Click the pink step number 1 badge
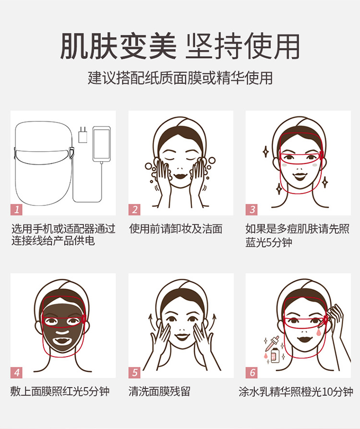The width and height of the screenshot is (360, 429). [x=16, y=210]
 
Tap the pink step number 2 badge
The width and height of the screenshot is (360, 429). [x=134, y=210]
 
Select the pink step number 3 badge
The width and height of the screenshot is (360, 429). [x=252, y=210]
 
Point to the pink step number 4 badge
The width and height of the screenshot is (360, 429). [x=16, y=372]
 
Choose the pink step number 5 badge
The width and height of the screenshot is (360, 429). [x=134, y=372]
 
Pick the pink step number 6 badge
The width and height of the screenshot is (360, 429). [x=252, y=372]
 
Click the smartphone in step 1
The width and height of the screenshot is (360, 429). [x=102, y=144]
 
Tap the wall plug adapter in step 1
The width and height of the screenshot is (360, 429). [x=83, y=135]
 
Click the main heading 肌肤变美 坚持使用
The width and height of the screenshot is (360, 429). [x=180, y=46]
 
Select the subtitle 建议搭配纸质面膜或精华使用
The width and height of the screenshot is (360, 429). [x=180, y=78]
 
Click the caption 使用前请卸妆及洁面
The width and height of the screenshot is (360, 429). [x=176, y=229]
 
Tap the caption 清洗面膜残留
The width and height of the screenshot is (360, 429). [x=159, y=391]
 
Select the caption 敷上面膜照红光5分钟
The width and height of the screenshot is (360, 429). [x=60, y=391]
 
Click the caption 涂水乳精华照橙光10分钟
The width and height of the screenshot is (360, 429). [x=296, y=392]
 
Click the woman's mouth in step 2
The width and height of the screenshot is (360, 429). [x=180, y=176]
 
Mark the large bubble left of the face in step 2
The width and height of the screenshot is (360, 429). [x=148, y=167]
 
